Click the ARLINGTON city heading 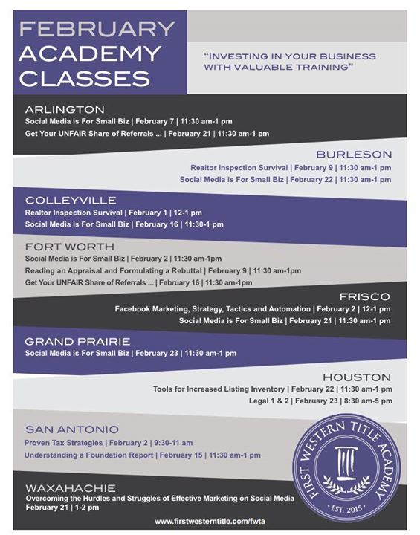pyautogui.click(x=65, y=109)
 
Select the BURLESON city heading pyautogui.click(x=354, y=155)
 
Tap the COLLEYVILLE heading pyautogui.click(x=71, y=200)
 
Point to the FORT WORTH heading pyautogui.click(x=69, y=246)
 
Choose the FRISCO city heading pyautogui.click(x=364, y=296)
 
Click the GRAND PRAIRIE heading pyautogui.click(x=77, y=341)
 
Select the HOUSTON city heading pyautogui.click(x=356, y=377)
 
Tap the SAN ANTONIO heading pyautogui.click(x=71, y=429)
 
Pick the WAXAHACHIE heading pyautogui.click(x=70, y=487)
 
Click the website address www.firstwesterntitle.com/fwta pyautogui.click(x=210, y=522)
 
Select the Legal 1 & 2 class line pyautogui.click(x=320, y=401)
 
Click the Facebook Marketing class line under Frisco pyautogui.click(x=252, y=308)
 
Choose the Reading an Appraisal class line pyautogui.click(x=163, y=270)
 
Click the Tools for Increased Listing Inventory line pyautogui.click(x=272, y=389)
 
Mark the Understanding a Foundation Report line pyautogui.click(x=143, y=454)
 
